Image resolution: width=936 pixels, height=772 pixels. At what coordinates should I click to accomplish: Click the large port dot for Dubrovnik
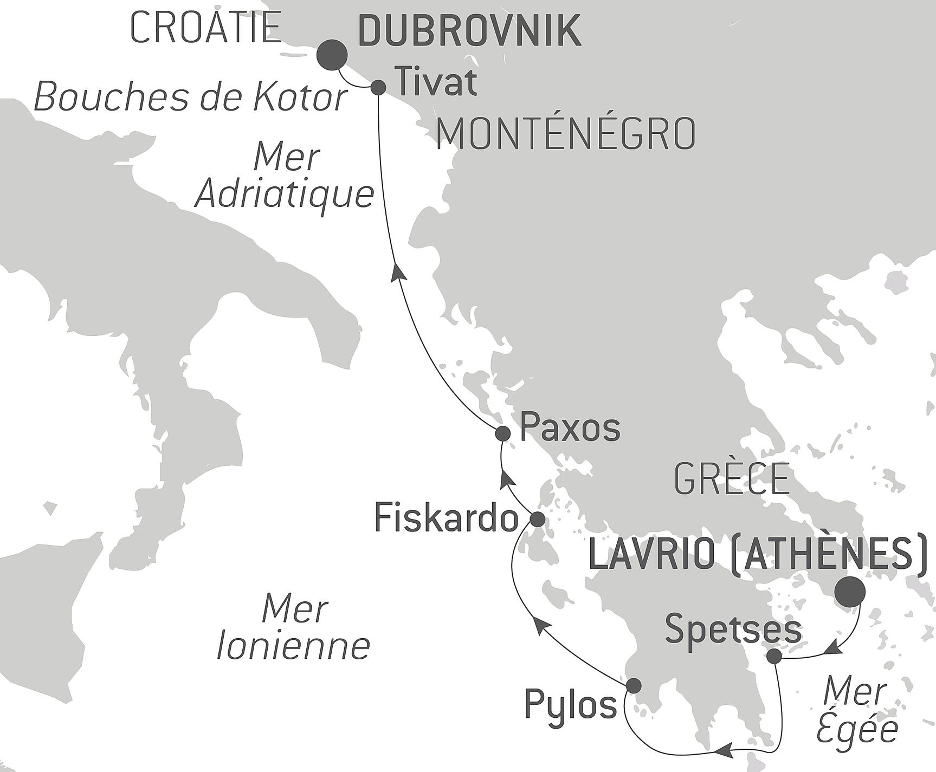[x=332, y=55]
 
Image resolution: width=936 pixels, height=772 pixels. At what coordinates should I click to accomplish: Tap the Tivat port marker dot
[x=378, y=87]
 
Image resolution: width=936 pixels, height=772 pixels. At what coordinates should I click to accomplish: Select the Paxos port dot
[x=503, y=433]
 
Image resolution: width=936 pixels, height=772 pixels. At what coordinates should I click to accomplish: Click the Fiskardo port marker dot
[x=537, y=520]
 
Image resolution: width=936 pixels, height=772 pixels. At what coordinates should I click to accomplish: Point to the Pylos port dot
[x=633, y=686]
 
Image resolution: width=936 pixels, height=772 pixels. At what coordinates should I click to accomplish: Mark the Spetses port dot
[x=775, y=657]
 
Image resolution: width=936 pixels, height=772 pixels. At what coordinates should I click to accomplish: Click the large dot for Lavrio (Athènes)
[x=849, y=592]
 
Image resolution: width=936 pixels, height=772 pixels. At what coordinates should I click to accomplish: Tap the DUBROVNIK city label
[x=469, y=31]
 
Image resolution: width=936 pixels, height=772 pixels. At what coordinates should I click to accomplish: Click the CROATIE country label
[x=205, y=29]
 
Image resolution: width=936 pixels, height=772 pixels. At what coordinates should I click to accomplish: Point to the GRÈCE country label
[x=732, y=479]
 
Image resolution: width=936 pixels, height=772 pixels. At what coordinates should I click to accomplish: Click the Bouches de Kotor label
[x=190, y=98]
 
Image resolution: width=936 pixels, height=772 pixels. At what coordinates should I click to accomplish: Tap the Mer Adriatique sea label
[x=285, y=176]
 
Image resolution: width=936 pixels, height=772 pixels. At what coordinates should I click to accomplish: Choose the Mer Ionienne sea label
[x=293, y=627]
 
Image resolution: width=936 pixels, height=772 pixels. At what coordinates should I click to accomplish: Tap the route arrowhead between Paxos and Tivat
[x=398, y=270]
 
